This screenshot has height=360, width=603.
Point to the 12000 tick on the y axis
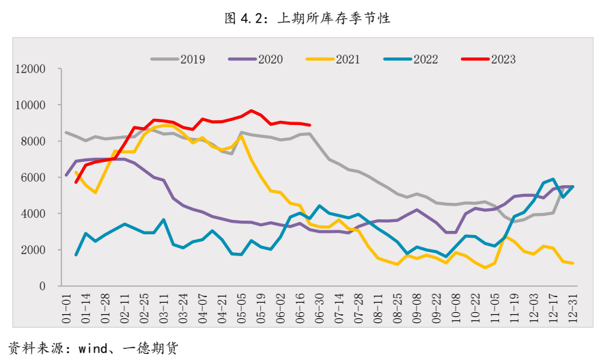point(31,69)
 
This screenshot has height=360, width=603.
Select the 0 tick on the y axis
point(42,286)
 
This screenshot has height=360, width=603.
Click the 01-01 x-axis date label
point(66,307)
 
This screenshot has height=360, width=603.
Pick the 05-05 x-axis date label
point(242,307)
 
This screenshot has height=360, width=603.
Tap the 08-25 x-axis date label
point(397,307)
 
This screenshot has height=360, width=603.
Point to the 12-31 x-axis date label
point(572,307)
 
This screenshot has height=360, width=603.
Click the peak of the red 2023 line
point(251,110)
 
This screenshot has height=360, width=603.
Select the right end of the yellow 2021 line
point(572,263)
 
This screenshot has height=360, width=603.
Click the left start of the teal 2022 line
point(76,255)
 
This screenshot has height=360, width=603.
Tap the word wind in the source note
point(93,348)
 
